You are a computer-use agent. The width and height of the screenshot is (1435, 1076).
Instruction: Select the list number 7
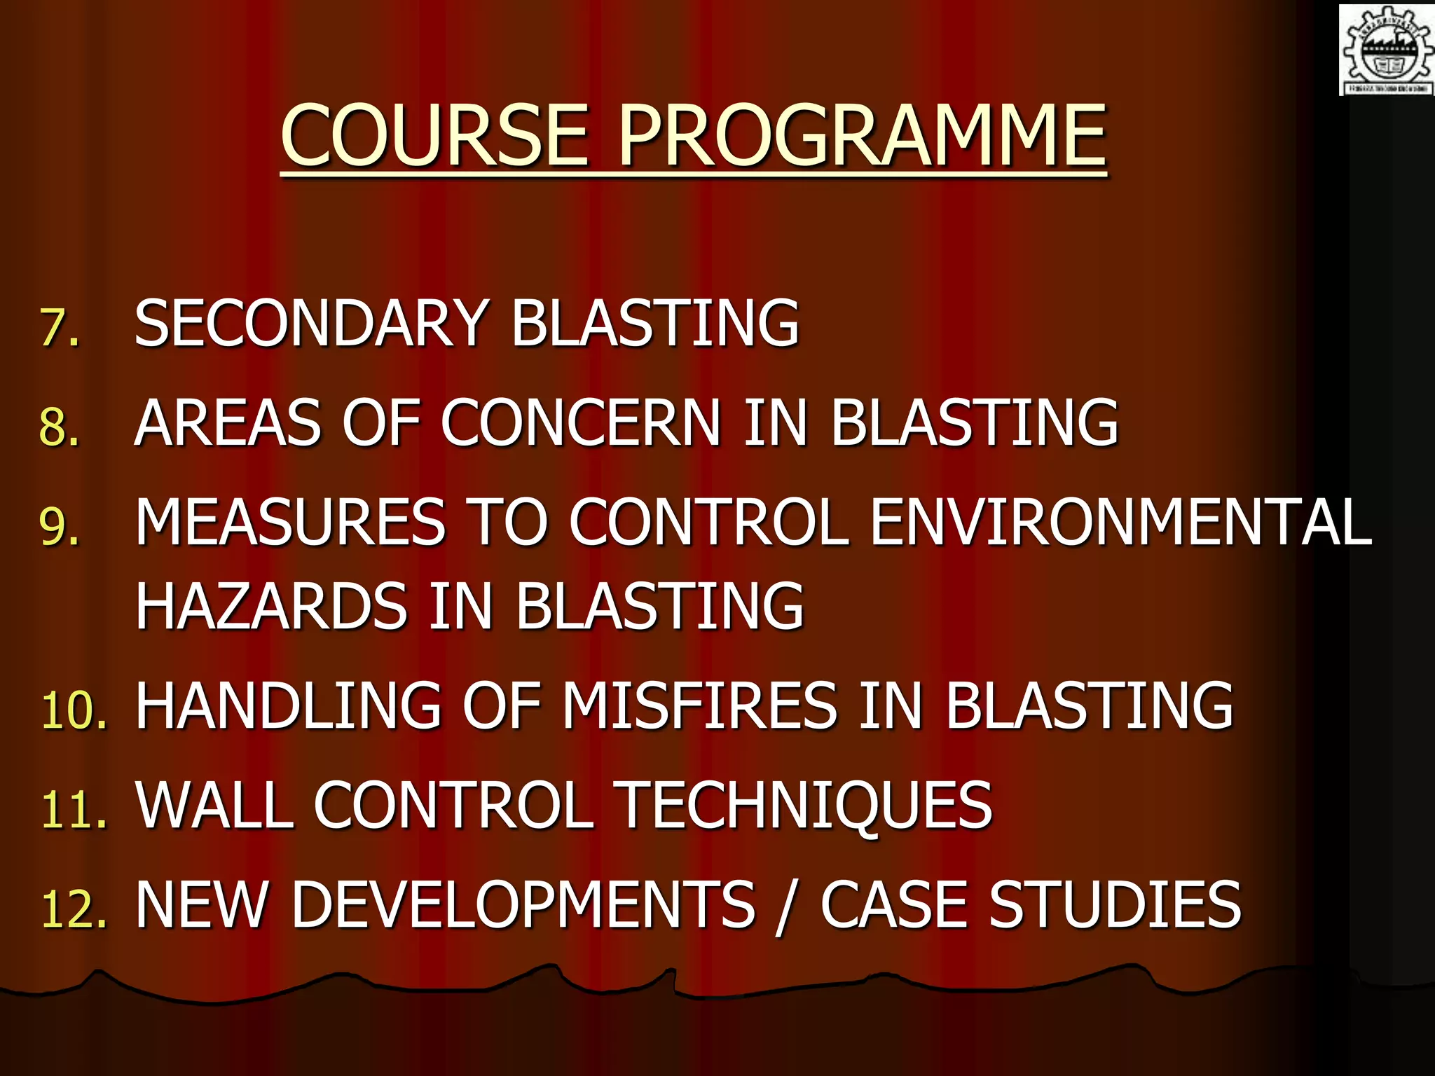click(59, 326)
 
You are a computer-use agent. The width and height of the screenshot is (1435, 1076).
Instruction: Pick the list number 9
click(59, 525)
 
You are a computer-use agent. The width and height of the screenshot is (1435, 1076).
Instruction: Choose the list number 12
click(74, 909)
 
